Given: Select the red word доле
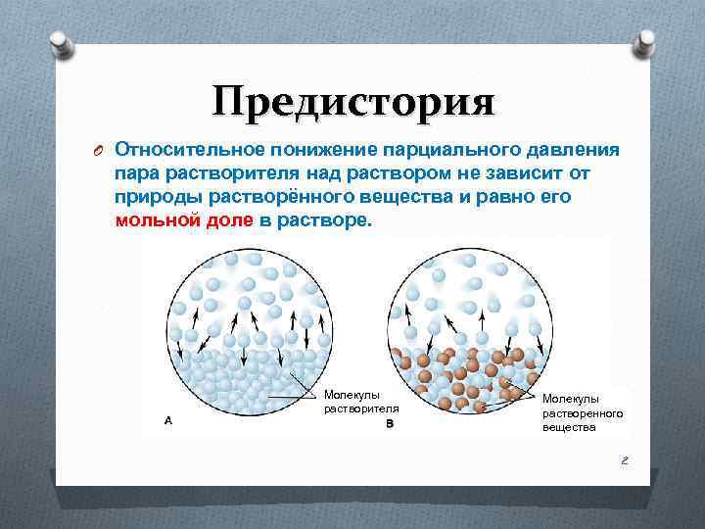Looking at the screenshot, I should (228, 220).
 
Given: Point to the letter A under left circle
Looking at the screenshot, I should (168, 420).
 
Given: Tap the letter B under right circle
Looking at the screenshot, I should (389, 424).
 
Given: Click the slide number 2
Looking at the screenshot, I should (623, 459).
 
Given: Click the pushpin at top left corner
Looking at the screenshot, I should (61, 42).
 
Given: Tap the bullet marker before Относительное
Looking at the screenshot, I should (96, 151).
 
